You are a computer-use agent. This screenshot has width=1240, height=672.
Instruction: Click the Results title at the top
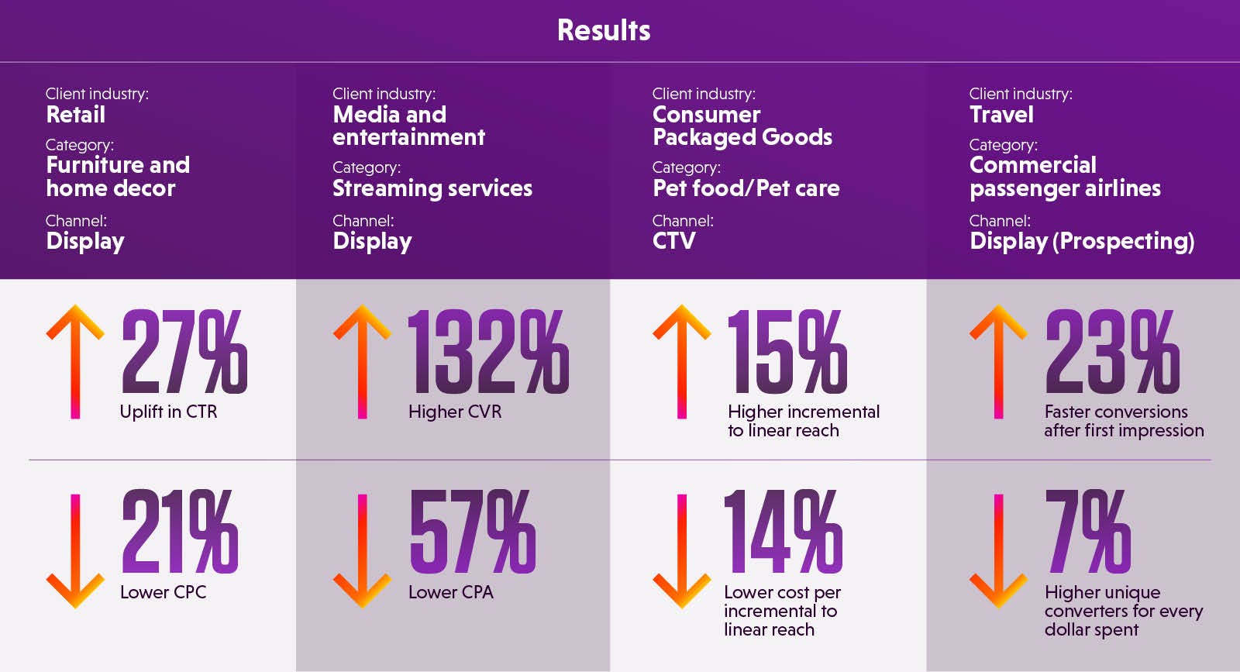coord(604,30)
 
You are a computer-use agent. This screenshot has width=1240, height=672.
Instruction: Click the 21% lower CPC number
coord(180,532)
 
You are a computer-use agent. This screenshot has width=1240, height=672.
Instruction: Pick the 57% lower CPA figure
coord(472,532)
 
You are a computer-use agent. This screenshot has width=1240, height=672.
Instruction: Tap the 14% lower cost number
coord(783,532)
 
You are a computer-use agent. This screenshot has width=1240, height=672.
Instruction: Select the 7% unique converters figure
coord(1088,532)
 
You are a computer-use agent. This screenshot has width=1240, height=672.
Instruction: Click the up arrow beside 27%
coord(75,361)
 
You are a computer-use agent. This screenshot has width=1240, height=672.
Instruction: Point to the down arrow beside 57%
coord(362,550)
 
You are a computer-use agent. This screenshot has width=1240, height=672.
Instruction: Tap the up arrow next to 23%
coord(998,361)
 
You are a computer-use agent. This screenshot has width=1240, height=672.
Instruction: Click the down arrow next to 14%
coord(682,550)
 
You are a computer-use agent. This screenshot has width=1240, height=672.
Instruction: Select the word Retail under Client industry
coord(75,115)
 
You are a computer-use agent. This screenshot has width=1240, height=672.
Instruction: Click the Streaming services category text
coord(432,188)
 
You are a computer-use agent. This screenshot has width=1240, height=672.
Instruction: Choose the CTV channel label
coord(673,241)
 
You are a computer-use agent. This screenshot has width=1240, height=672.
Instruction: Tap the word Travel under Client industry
coord(1001,115)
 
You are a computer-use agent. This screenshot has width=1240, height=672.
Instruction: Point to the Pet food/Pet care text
coord(746,188)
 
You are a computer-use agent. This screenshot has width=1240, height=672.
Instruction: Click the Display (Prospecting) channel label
coord(1082,241)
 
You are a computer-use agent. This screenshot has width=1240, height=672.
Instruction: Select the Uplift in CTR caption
coord(168,412)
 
